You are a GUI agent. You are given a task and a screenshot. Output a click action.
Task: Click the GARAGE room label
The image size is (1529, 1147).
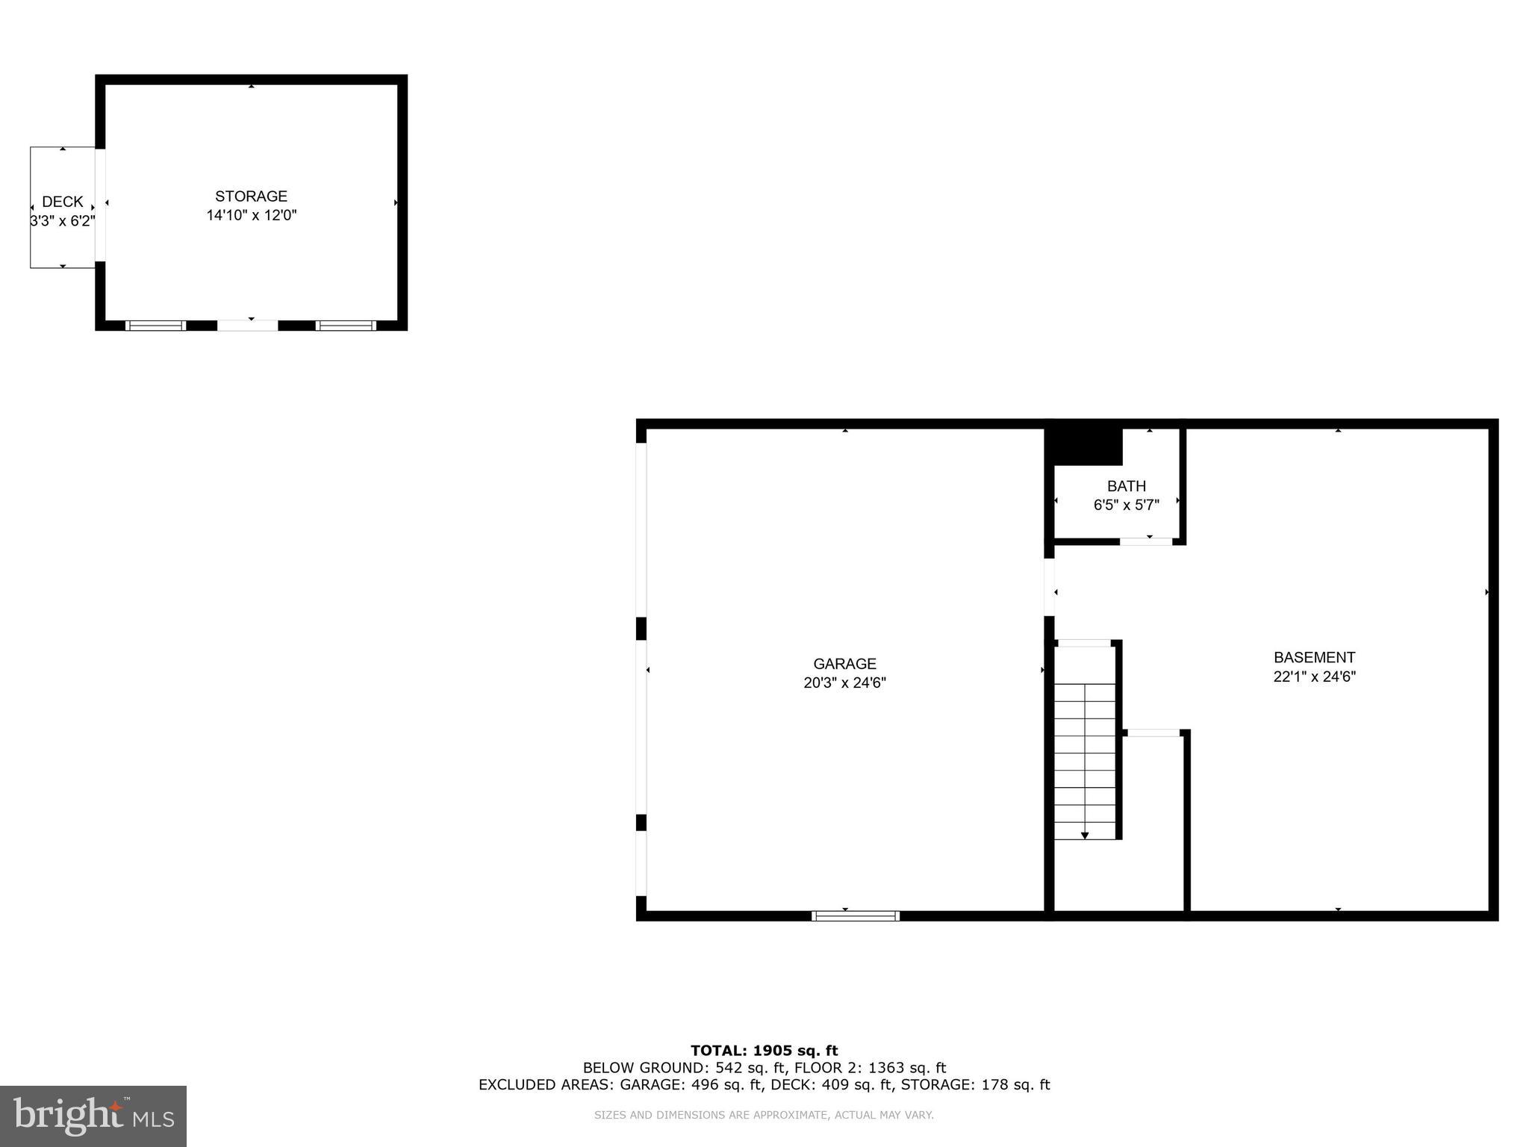pos(844,663)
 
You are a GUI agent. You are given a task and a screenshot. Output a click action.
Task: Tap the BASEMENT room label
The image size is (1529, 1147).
pos(1314,657)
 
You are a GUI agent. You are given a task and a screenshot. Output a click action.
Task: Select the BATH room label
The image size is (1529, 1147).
pos(1126,486)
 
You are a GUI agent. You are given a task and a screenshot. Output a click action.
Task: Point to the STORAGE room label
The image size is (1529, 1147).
pos(251,196)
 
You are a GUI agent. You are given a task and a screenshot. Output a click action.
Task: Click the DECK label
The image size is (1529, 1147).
pos(63,202)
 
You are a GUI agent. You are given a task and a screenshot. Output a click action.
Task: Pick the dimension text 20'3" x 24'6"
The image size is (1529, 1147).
pos(844,683)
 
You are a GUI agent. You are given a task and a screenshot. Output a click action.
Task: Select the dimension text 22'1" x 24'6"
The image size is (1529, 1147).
pos(1314,677)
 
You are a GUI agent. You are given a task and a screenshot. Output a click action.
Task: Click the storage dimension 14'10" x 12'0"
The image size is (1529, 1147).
pos(252,216)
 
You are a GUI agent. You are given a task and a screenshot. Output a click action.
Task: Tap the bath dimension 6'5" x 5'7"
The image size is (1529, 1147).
pos(1126,506)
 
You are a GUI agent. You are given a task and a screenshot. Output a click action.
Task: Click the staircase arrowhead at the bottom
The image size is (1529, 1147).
pos(1085,836)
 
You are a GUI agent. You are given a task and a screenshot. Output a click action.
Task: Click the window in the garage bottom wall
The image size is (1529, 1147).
pos(856,916)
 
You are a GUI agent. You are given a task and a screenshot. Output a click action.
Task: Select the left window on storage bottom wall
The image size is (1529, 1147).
pos(155,326)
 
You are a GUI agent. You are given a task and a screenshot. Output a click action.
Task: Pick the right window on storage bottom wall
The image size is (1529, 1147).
pos(346,326)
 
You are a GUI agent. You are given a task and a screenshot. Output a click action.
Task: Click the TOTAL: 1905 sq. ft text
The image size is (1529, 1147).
pos(764,1051)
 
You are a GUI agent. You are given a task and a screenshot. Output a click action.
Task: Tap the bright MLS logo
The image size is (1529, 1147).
pos(93,1116)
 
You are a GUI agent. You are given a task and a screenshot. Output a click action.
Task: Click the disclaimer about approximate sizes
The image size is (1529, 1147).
pos(764,1115)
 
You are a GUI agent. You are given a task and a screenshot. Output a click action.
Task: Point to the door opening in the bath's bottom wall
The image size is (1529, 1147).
pos(1146,541)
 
